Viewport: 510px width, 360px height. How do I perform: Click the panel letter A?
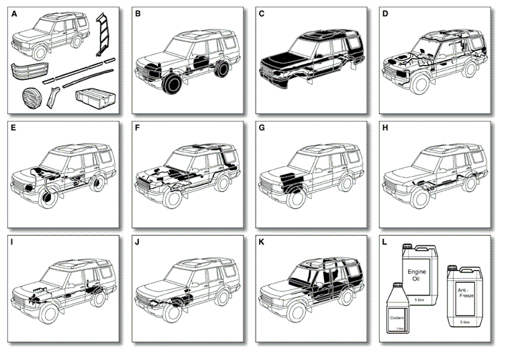(13, 14)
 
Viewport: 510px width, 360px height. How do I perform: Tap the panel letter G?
(262, 127)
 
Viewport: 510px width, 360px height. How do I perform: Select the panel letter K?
(262, 240)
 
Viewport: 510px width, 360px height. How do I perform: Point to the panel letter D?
(385, 14)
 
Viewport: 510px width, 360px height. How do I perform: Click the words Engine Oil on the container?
(417, 275)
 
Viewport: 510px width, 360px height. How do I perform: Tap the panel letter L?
(385, 240)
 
